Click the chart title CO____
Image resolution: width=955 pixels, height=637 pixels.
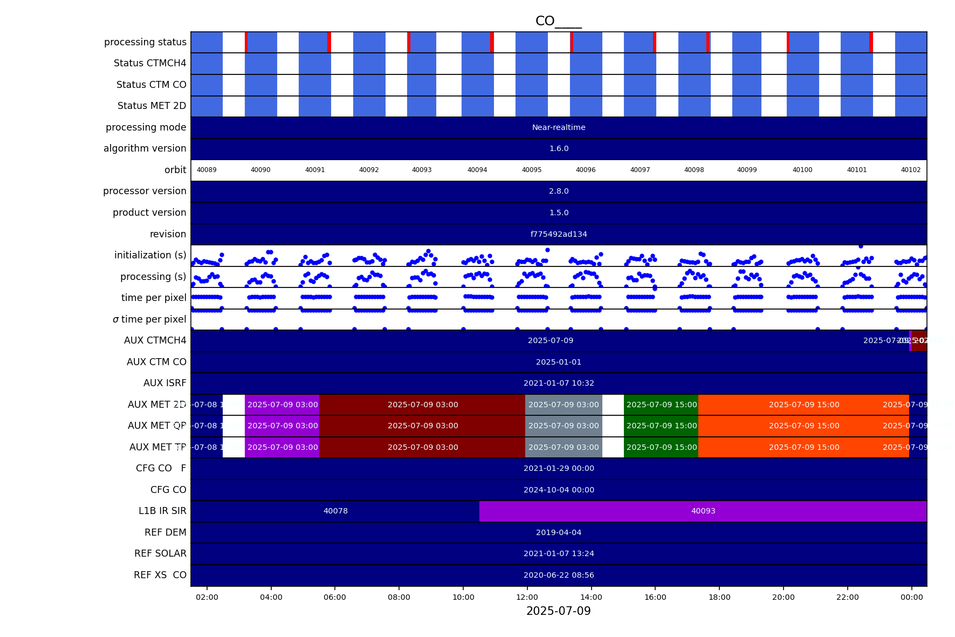tap(558, 22)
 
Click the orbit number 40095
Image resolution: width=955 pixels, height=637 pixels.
tap(531, 170)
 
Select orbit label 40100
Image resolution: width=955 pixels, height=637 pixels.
tap(802, 170)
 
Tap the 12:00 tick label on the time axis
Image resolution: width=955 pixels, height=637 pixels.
tap(527, 597)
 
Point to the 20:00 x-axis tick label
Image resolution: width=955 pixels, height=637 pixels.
tap(783, 597)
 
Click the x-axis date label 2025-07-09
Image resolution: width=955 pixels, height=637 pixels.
tap(558, 611)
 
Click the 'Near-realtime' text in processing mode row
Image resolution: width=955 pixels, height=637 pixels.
tap(558, 128)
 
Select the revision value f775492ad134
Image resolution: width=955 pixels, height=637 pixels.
tap(558, 234)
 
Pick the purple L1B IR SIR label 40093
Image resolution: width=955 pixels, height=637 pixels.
tap(703, 511)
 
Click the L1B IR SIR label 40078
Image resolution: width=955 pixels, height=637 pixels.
tap(335, 511)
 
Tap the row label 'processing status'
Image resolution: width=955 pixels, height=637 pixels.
tap(145, 42)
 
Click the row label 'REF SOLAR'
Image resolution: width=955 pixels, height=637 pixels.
tap(160, 553)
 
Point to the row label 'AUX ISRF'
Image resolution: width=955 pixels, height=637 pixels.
tap(164, 383)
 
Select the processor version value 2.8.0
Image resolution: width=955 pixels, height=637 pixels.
tap(558, 191)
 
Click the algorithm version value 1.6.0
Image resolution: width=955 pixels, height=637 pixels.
tap(558, 149)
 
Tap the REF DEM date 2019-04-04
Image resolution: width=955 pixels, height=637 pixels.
tap(558, 532)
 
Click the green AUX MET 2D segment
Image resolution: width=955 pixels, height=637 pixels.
tap(661, 405)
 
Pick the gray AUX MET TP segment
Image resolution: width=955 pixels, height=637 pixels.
tap(563, 447)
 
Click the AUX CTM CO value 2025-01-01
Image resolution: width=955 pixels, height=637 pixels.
tap(558, 362)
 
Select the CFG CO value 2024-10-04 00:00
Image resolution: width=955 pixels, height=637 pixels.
tap(558, 490)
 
